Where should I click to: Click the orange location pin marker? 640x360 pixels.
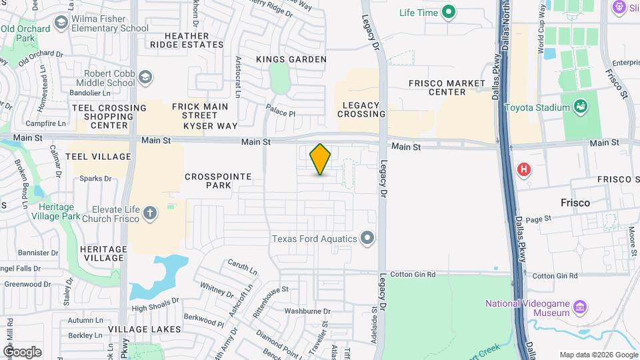point(321,159)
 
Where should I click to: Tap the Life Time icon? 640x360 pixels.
point(449,12)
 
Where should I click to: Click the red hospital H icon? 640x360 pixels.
point(525,169)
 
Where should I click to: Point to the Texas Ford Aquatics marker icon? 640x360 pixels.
point(367,238)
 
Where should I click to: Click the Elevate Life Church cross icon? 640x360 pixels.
point(150,213)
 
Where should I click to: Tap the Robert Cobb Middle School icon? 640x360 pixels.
point(144,79)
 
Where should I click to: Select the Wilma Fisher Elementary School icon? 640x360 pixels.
point(62,23)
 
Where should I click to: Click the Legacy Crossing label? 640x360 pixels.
point(361,109)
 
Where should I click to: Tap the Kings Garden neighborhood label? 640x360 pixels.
point(291,59)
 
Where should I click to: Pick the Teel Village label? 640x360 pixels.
point(99,157)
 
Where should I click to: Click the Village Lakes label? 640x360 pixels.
point(145,329)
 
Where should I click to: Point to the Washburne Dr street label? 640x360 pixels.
point(303,311)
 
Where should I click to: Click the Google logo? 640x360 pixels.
point(22,351)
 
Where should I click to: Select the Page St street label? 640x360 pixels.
point(538,218)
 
